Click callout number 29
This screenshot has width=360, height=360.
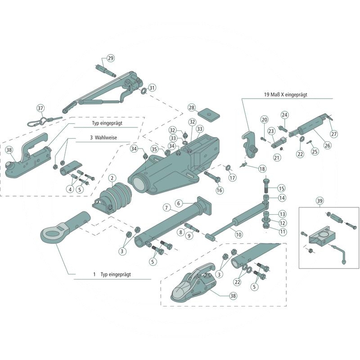click(111, 58)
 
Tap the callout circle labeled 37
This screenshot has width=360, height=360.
click(40, 108)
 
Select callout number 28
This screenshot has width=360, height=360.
click(192, 108)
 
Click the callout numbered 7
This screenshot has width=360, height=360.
click(166, 208)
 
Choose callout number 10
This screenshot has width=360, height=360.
click(238, 234)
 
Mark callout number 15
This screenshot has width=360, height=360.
click(281, 188)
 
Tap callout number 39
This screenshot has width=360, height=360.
click(320, 200)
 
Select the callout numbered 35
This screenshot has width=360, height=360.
click(154, 149)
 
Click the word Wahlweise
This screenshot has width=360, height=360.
click(106, 138)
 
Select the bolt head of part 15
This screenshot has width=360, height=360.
click(265, 181)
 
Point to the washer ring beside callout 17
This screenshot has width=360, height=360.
click(228, 168)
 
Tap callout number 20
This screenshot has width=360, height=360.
click(264, 119)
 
